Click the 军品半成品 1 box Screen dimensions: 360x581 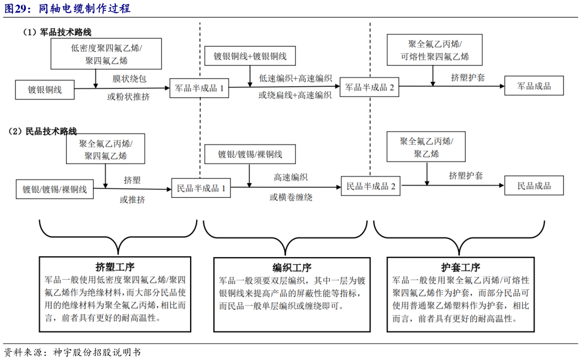199,88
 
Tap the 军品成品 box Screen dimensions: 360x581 534,86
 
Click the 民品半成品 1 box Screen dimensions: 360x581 201,188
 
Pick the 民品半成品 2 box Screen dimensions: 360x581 371,186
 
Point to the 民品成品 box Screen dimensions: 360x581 534,186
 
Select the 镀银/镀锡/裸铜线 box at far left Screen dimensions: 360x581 54,190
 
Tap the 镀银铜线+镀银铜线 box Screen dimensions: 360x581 250,57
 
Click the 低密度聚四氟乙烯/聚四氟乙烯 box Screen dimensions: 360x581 106,54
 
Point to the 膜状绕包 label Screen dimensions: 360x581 130,79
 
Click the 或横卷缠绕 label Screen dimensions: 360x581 291,197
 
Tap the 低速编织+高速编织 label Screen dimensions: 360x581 295,79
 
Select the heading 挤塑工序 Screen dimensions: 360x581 115,268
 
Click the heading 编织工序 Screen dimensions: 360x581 292,268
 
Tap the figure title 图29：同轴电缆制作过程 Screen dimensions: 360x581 67,9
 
